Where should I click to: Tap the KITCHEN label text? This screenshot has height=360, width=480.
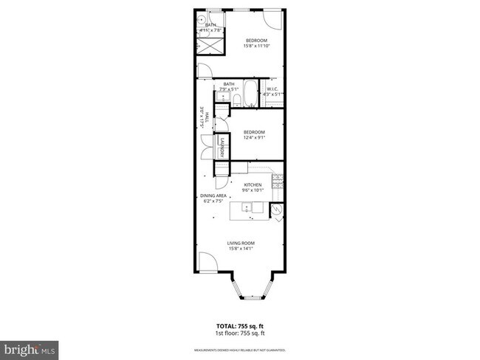coord(253,184)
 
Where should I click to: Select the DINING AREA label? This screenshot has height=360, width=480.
coord(213,195)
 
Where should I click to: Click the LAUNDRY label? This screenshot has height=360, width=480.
coord(220,147)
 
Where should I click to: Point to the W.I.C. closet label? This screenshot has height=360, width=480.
coord(272,89)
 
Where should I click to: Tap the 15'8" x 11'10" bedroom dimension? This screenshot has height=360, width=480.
coord(256,46)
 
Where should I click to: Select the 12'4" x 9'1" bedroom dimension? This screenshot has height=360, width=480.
coord(254,137)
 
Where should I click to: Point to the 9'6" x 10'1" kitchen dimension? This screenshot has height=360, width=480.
coord(253,190)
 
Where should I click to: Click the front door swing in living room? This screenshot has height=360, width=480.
coord(206,262)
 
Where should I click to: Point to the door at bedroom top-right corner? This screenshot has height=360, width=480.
coord(273,19)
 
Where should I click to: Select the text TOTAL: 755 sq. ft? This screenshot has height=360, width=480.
coord(240,325)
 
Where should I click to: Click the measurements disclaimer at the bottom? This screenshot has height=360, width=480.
coord(240,350)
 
